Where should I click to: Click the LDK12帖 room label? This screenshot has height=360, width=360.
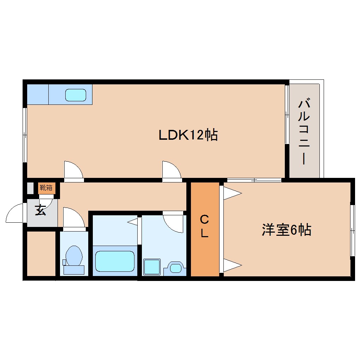[x=188, y=135]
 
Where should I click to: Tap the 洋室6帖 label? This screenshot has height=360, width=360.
[x=286, y=230]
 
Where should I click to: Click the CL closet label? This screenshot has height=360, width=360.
[x=204, y=227]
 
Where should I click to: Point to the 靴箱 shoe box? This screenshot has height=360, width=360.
[x=47, y=188]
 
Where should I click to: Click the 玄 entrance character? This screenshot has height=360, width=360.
[x=40, y=211]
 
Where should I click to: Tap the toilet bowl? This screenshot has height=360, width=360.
[x=74, y=256]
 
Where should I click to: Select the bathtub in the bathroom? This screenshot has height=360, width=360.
[x=115, y=261]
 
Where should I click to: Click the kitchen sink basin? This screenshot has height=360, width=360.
[x=76, y=95]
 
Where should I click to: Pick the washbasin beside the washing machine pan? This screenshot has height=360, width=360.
[x=175, y=268]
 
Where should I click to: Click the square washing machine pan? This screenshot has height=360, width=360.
[x=152, y=266]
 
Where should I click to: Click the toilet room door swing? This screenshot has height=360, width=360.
[x=73, y=218]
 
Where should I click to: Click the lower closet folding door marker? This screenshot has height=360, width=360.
[x=232, y=265]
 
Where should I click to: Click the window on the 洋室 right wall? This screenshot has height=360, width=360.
[x=352, y=230]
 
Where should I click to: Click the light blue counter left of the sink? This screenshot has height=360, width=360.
[x=38, y=94]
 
